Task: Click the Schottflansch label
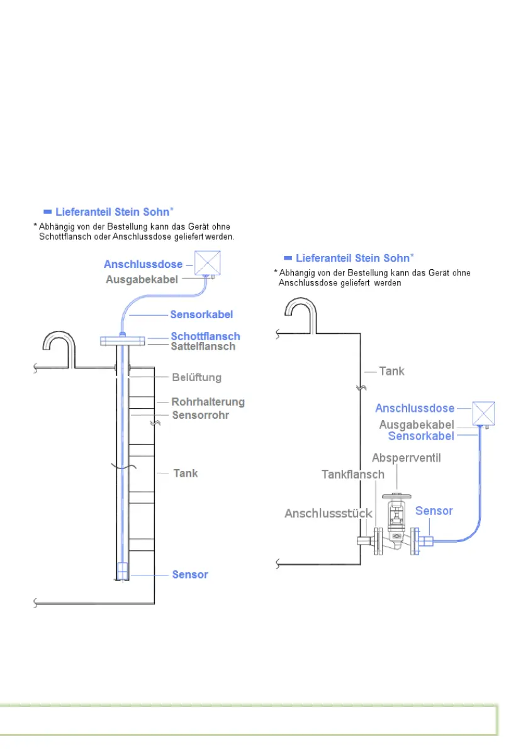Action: tap(205, 336)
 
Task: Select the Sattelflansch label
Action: tap(203, 347)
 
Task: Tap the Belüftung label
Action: tap(196, 377)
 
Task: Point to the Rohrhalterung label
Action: tap(208, 402)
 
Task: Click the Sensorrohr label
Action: tap(200, 415)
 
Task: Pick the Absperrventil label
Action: tap(406, 458)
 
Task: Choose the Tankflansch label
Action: tap(352, 474)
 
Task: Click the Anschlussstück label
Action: tap(328, 513)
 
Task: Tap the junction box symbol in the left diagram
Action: tap(208, 263)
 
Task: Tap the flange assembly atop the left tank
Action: tap(123, 341)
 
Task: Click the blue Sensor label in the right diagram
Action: tap(434, 511)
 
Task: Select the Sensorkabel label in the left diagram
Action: tap(201, 314)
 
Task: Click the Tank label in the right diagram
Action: tap(391, 371)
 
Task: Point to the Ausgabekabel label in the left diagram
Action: tap(142, 279)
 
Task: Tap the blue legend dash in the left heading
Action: tap(47, 212)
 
